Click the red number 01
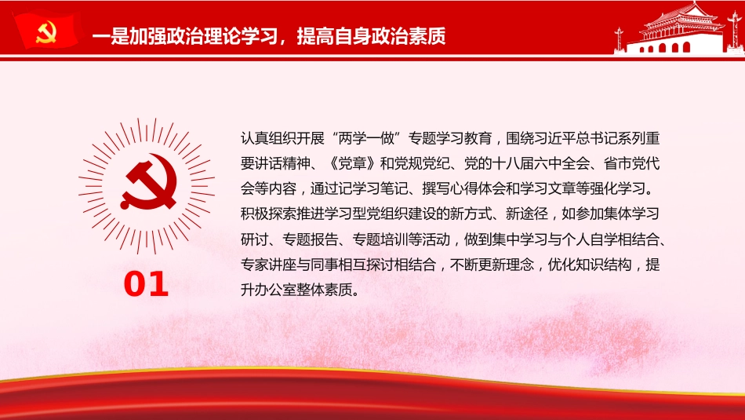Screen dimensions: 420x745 (x=146, y=284)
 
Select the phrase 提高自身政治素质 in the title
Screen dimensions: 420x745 (x=371, y=36)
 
